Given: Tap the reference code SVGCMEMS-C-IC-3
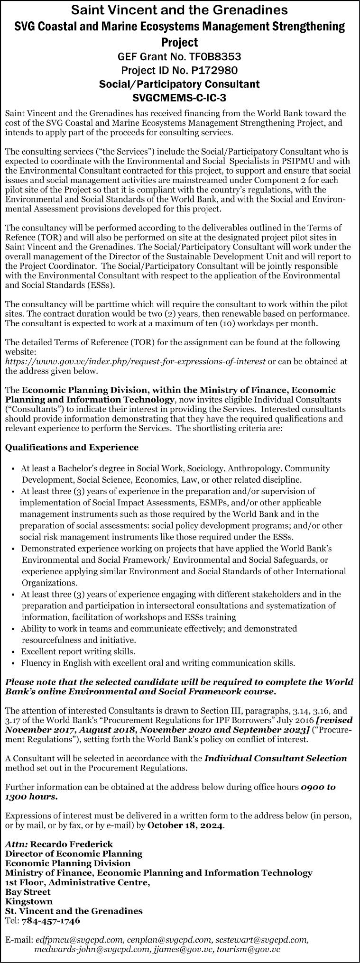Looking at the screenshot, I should click(180, 98).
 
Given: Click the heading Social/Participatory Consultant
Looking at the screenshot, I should click(180, 84).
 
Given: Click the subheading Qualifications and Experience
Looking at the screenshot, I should click(72, 447).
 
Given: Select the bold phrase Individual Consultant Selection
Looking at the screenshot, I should click(276, 758).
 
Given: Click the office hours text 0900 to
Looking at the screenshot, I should click(318, 787).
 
